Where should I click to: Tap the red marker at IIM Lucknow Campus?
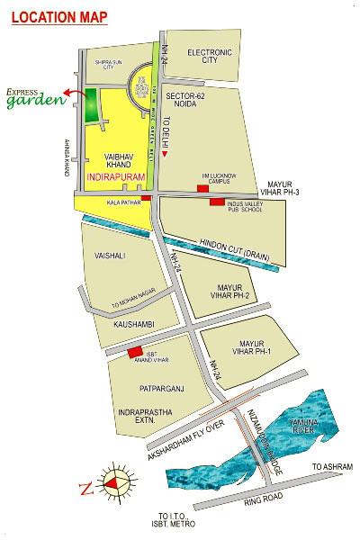(201, 187)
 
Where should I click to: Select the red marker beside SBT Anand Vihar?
(134, 352)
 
